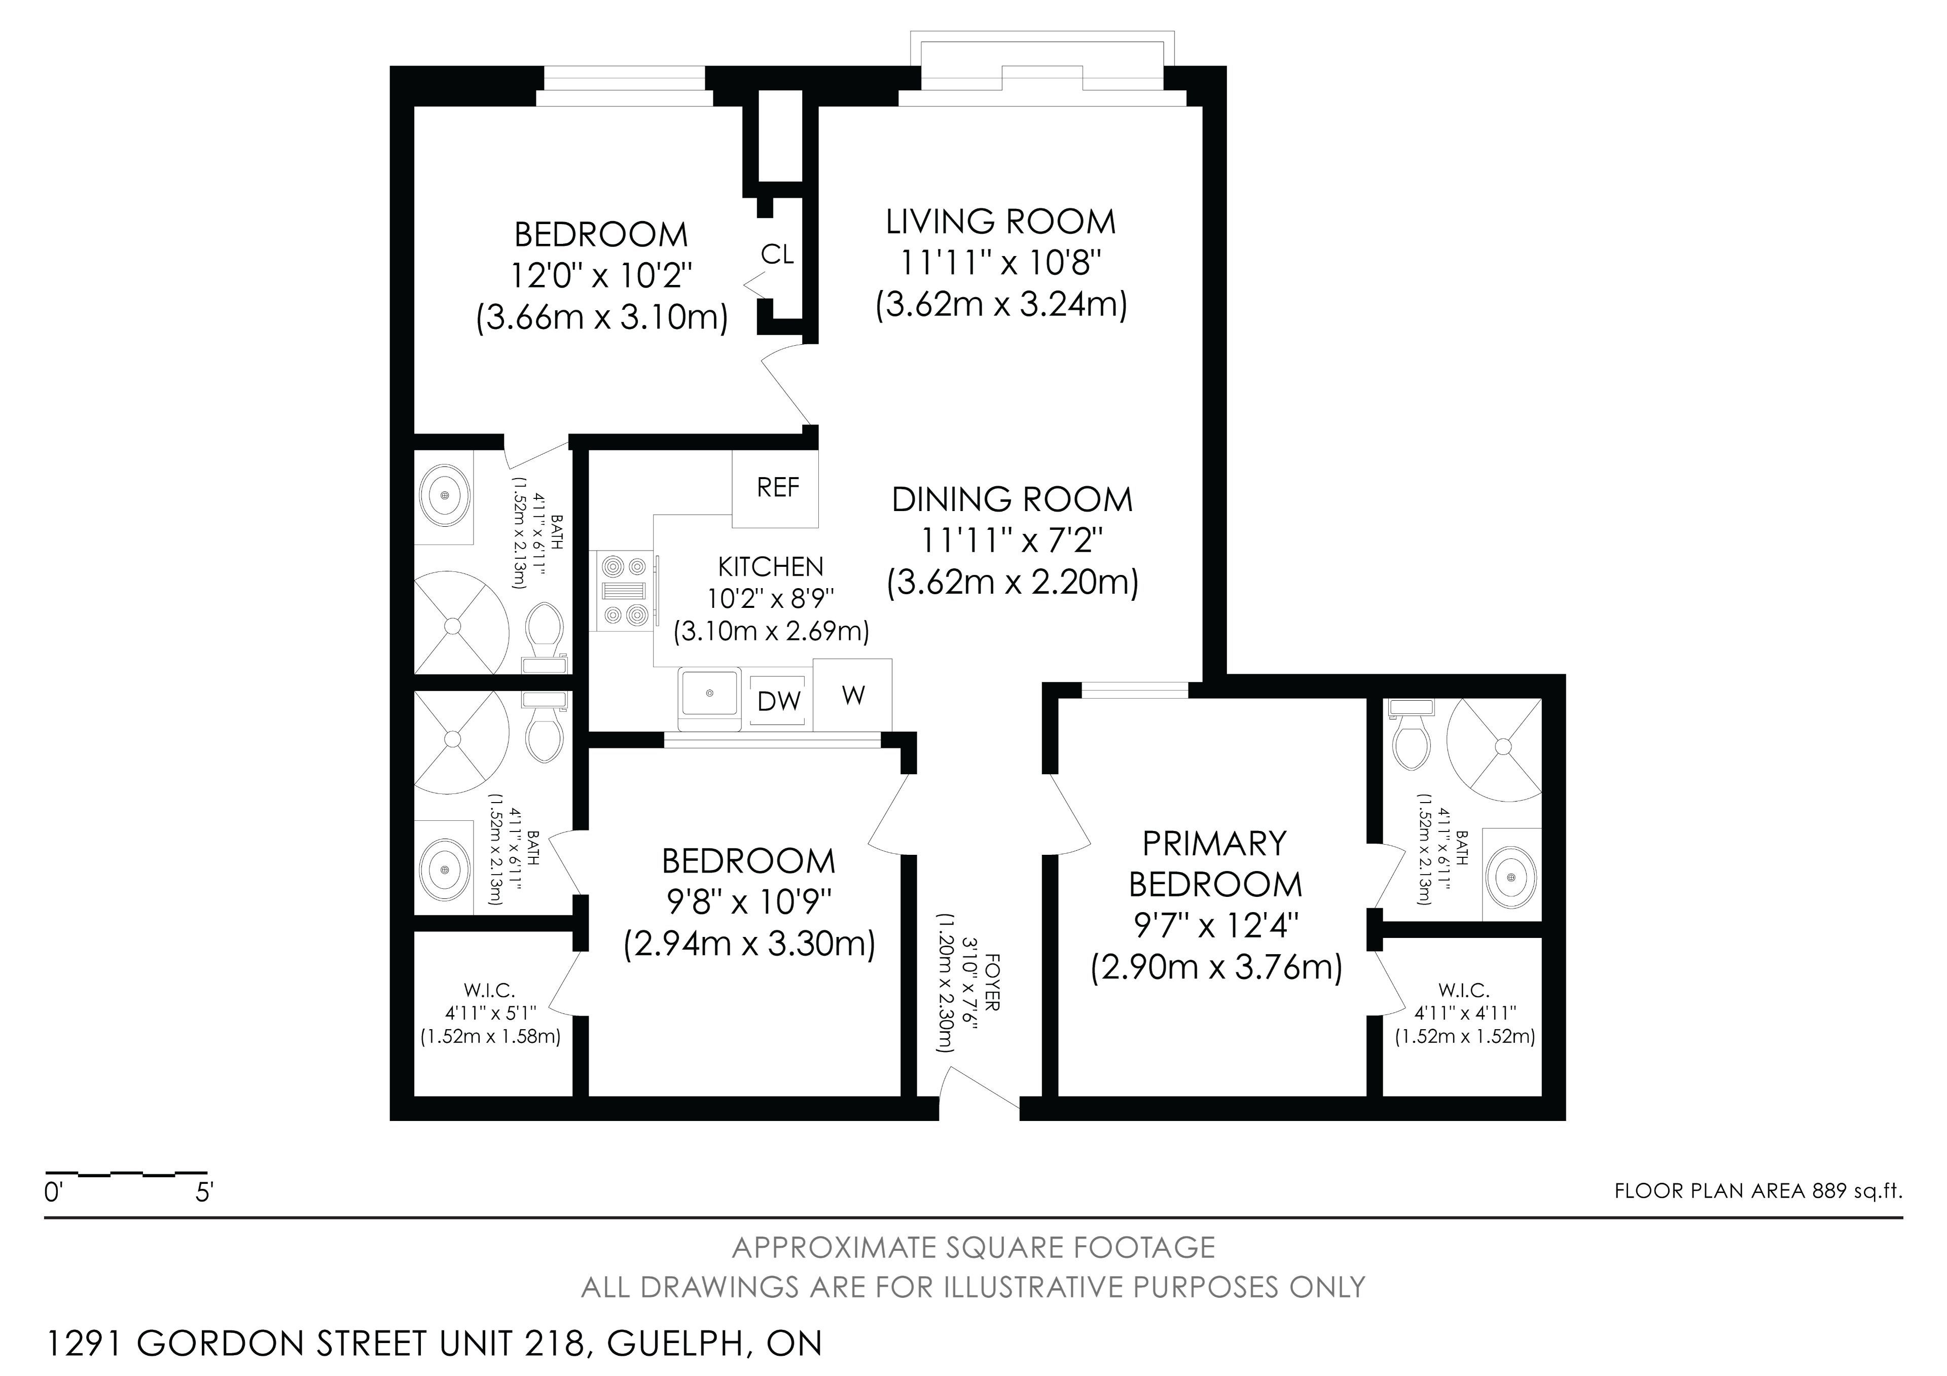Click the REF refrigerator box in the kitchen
point(776,488)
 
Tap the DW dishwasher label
point(778,701)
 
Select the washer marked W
point(852,695)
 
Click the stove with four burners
point(623,591)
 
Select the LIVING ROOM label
point(1001,222)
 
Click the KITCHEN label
point(770,566)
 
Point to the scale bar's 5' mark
point(203,1193)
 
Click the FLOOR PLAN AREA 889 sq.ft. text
point(1758,1191)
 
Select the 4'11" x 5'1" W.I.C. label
point(490,1013)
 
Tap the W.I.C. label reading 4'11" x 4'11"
point(1464,1013)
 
